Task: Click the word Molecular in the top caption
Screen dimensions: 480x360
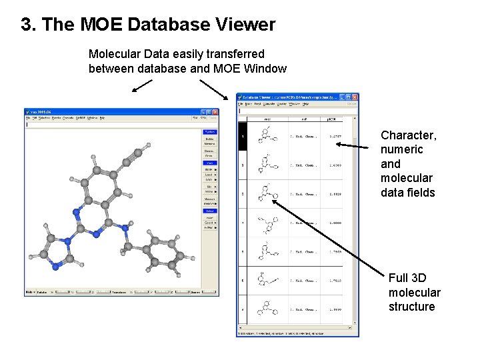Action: point(115,54)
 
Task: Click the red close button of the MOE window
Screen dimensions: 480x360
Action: point(215,112)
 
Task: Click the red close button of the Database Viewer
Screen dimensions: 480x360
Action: point(355,97)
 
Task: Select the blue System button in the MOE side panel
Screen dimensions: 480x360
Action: point(209,132)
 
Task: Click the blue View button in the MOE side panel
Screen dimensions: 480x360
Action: point(209,163)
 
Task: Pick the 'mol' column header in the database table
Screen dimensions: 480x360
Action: point(267,119)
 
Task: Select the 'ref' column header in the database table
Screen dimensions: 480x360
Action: point(304,119)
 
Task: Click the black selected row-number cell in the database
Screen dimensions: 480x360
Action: point(243,138)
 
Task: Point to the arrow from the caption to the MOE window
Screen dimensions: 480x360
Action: point(141,85)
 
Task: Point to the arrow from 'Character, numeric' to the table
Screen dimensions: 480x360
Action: point(353,143)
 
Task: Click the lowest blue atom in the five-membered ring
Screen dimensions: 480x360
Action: point(57,265)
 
